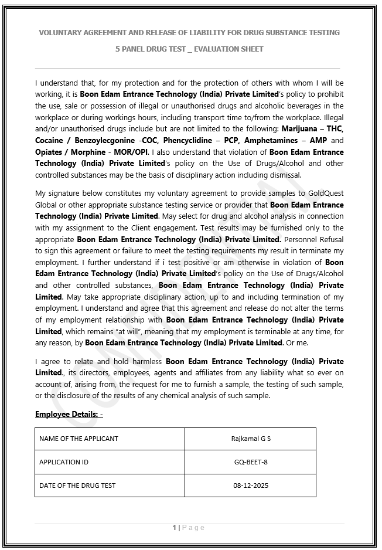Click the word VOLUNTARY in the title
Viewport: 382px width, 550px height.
coord(60,32)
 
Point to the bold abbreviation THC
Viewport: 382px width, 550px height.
coord(335,128)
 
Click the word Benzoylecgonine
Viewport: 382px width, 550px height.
coord(107,140)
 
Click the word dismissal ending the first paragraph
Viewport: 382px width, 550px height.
coord(285,175)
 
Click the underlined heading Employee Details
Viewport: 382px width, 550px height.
coord(69,415)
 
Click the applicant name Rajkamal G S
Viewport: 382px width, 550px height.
coord(251,439)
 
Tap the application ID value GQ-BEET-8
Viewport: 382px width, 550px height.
coord(251,462)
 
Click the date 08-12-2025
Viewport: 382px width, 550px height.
coord(251,486)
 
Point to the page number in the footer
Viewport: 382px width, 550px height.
coord(175,528)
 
